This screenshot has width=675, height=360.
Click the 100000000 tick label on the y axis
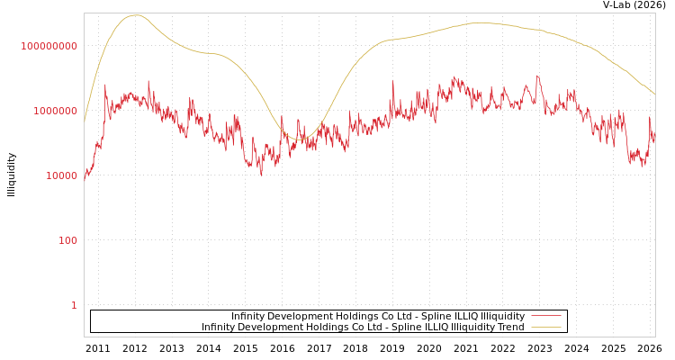pos(49,46)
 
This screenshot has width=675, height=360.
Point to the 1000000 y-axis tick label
pos(56,111)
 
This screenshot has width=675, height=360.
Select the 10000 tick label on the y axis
pos(62,175)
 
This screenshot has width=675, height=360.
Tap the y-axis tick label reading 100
pos(68,240)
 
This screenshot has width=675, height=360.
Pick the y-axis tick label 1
pos(74,305)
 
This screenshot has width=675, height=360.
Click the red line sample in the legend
pos(545,317)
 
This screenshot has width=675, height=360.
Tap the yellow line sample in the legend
pos(545,328)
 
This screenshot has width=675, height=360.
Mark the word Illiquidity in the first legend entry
pos(503,317)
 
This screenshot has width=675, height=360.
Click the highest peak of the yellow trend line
pos(135,15)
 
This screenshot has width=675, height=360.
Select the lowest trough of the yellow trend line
pos(302,139)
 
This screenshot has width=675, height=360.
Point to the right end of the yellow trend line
pos(654,94)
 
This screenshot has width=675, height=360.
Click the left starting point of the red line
pos(85,178)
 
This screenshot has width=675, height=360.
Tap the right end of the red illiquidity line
pos(654,140)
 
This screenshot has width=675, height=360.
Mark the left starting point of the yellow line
pos(85,121)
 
